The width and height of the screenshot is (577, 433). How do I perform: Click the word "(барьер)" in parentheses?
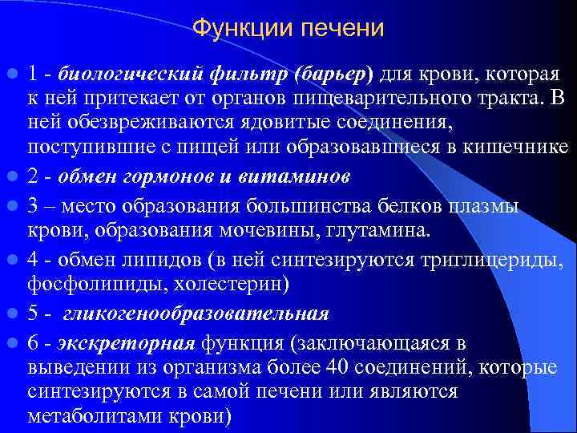[x=334, y=75]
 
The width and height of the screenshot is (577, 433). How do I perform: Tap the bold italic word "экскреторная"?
[x=127, y=343]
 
